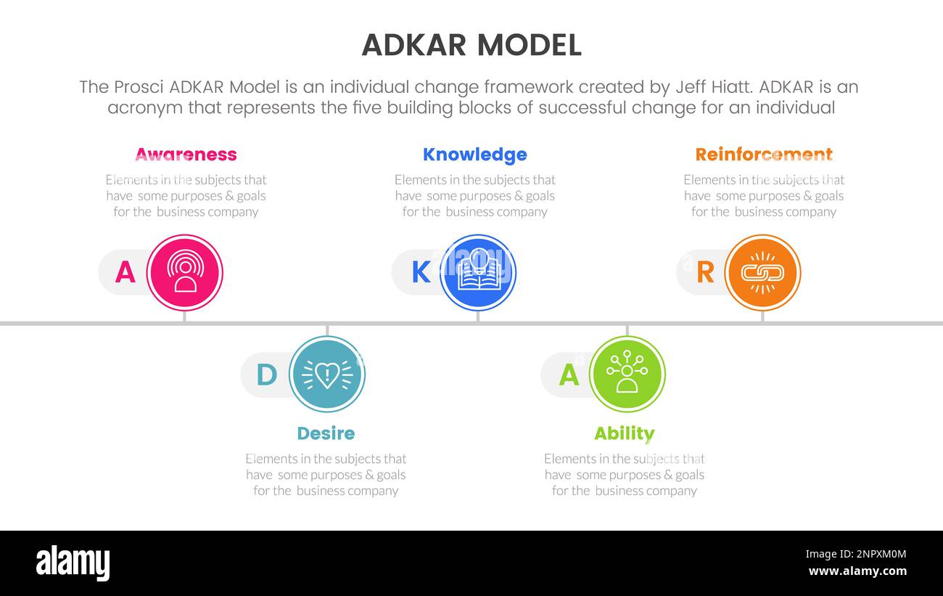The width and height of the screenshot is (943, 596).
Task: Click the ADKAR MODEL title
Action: pos(471,45)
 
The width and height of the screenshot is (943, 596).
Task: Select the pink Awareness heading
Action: pos(186,155)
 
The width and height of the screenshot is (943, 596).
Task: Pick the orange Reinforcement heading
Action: pos(764,155)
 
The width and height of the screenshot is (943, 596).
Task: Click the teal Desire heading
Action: pos(326,433)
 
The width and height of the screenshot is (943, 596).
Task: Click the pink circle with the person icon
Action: pos(185,272)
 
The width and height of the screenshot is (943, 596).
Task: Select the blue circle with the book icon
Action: pos(478,272)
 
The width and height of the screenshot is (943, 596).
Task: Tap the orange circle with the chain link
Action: pos(762,272)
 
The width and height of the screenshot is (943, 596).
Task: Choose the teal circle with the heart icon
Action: pos(327,374)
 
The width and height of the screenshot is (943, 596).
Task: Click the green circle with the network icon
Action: pos(627,374)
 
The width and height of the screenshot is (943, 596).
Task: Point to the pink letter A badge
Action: pos(125,272)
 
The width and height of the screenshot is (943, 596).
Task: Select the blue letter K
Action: pos(421,272)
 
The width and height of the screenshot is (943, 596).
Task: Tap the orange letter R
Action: pos(705,272)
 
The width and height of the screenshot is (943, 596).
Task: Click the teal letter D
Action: pos(267,375)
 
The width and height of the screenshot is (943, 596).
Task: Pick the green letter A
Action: pos(569,375)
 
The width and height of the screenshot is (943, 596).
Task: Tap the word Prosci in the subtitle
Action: pos(139,87)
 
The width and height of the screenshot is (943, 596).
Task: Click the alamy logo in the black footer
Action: pos(73,563)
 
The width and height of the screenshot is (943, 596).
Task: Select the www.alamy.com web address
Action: pos(857,571)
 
